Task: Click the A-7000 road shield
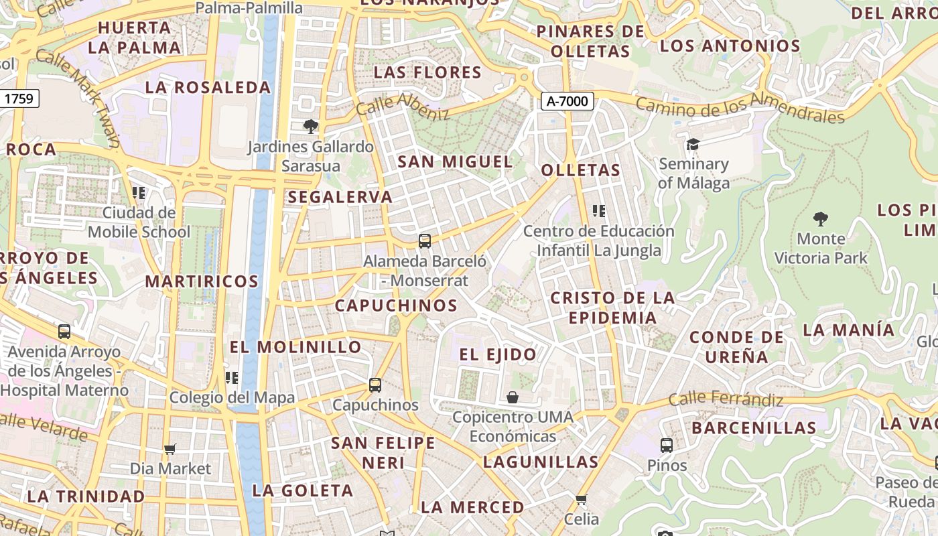click(x=567, y=101)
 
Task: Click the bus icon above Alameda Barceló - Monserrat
click(x=424, y=241)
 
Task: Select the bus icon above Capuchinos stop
click(x=375, y=385)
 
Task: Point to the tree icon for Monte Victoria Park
click(x=820, y=218)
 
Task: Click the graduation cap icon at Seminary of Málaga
click(x=693, y=144)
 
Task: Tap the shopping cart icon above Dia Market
click(x=170, y=449)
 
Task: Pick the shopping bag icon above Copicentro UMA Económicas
click(x=513, y=397)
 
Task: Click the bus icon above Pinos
click(x=666, y=445)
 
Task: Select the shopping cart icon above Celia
click(x=581, y=499)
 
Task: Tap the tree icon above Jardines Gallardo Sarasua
click(x=310, y=126)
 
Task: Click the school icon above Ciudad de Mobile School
click(x=139, y=193)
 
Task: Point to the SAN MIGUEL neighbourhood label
click(x=455, y=161)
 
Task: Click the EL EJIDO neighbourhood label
click(x=497, y=354)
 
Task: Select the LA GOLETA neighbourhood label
click(x=302, y=490)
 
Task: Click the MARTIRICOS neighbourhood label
click(x=202, y=281)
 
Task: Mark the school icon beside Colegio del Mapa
click(x=232, y=377)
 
